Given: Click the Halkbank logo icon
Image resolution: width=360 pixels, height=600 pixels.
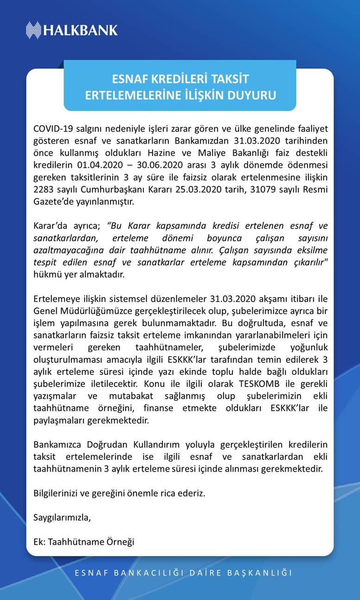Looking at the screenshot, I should (x=33, y=30).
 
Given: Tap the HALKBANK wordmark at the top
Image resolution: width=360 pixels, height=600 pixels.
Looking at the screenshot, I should (x=81, y=31).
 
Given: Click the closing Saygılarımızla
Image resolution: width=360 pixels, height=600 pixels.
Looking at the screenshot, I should (x=62, y=517).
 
